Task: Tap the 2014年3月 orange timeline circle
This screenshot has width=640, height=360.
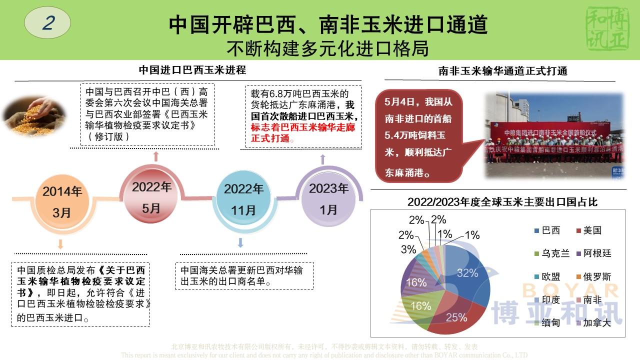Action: click(62, 201)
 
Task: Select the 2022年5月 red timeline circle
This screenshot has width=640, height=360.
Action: click(151, 197)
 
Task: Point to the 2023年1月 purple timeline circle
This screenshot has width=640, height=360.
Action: click(328, 198)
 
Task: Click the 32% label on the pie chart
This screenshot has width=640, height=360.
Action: click(467, 272)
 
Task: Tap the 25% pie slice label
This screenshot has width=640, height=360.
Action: click(456, 317)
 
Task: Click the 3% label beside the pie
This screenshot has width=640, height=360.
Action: click(408, 249)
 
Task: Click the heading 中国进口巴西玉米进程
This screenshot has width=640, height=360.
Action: click(192, 70)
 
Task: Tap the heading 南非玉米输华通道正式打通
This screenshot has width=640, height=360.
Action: click(502, 71)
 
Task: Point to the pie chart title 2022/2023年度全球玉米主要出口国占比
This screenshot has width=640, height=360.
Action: click(502, 202)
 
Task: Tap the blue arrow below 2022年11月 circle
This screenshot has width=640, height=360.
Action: click(240, 243)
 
